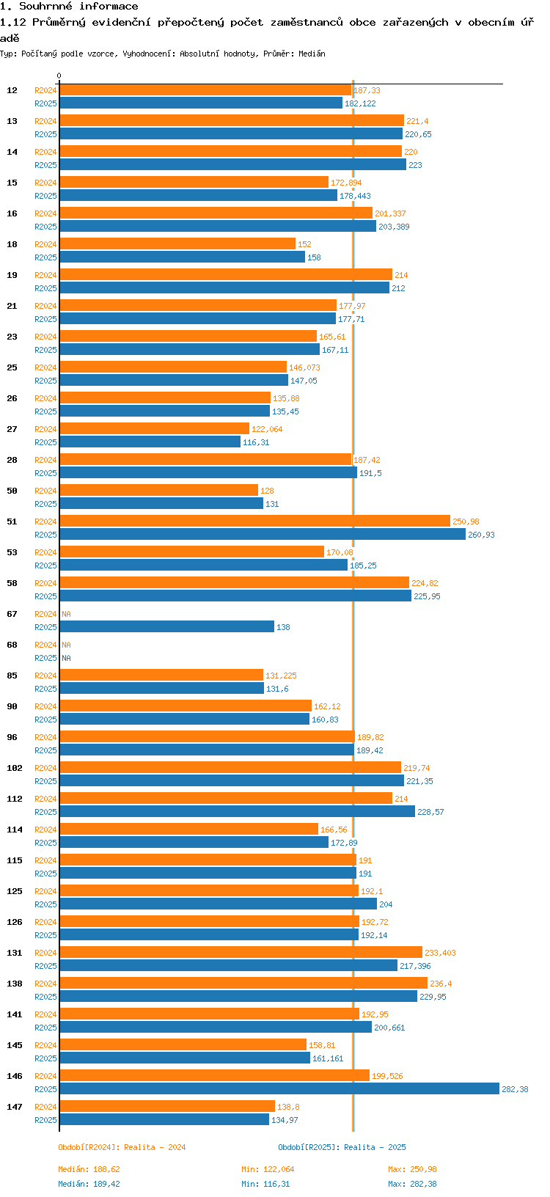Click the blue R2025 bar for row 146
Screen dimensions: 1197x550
[279, 1089]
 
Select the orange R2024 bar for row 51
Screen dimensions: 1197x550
[254, 521]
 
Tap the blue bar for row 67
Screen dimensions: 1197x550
[166, 627]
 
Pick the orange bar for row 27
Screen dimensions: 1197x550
[154, 428]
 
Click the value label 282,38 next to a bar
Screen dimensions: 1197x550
[515, 1089]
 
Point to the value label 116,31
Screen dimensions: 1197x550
[256, 442]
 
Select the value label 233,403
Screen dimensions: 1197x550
[440, 953]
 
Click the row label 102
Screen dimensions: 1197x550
[15, 768]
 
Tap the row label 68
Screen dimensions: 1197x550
[12, 645]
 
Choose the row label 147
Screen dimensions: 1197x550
[15, 1107]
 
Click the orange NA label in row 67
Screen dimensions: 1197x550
[66, 614]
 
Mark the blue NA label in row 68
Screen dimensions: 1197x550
[66, 658]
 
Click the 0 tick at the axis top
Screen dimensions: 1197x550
[59, 76]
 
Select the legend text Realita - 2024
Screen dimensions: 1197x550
[155, 1147]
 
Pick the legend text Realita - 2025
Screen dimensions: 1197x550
[375, 1147]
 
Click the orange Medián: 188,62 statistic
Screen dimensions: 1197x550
[89, 1169]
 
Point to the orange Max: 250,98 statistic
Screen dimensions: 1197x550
[412, 1169]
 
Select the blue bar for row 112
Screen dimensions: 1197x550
[237, 812]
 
